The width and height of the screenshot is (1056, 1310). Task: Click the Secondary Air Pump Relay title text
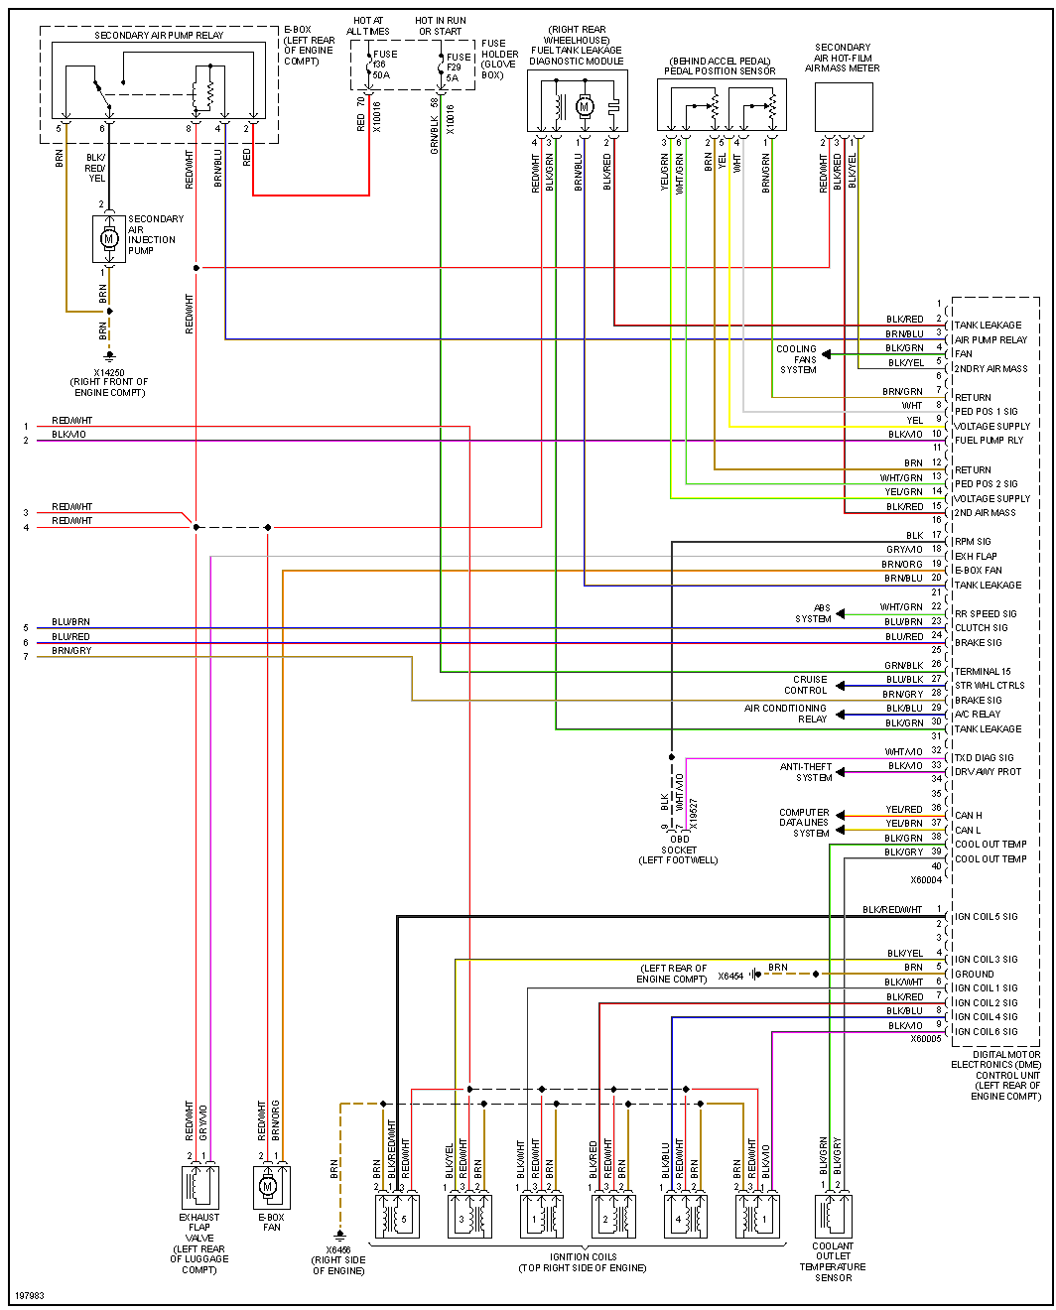point(159,36)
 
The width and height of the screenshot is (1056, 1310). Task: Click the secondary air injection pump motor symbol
point(109,239)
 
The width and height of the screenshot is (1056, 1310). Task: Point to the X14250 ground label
point(108,373)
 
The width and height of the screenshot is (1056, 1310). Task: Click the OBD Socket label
point(679,845)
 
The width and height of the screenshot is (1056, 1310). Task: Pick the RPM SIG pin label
point(973,542)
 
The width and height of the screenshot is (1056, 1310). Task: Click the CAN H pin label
point(968,816)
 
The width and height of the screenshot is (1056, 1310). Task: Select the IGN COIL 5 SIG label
point(986,917)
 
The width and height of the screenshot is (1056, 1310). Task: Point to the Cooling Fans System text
point(797,359)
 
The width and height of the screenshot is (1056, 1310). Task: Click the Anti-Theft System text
point(806,772)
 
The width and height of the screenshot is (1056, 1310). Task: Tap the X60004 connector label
point(926,880)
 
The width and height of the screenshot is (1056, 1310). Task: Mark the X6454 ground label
point(730,977)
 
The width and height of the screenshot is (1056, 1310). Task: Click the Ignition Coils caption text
point(583,1262)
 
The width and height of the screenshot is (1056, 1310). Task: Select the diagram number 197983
point(30,1296)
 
